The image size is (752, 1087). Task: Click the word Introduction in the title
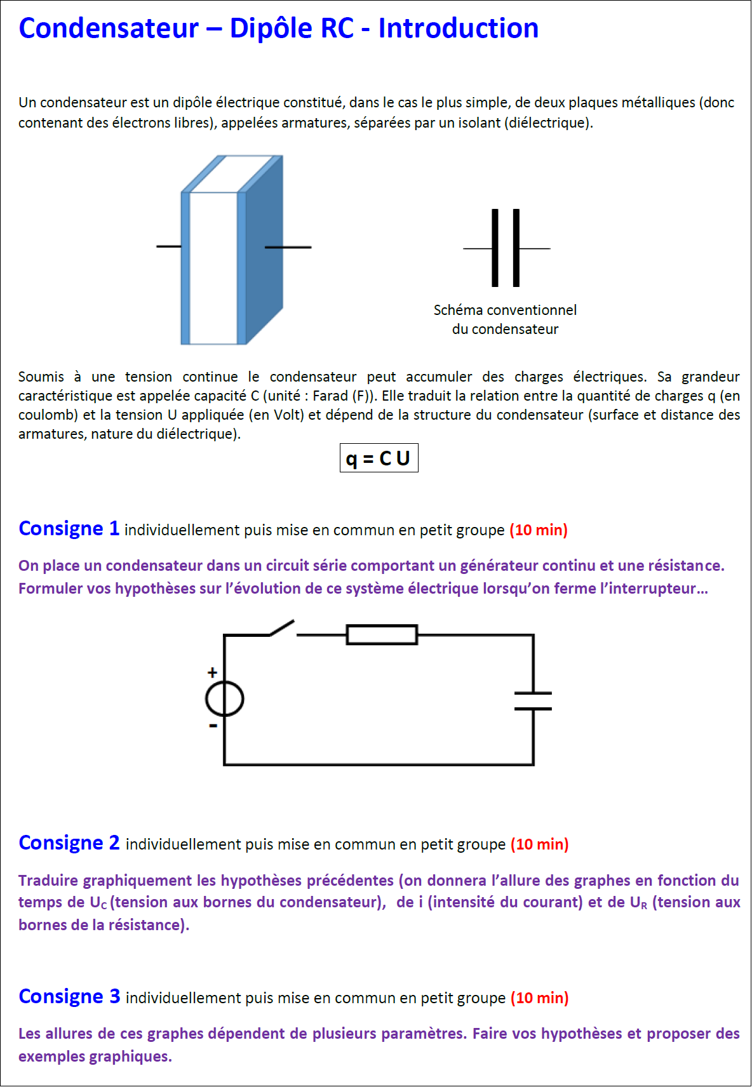pos(458,29)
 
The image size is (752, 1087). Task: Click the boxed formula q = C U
pos(379,458)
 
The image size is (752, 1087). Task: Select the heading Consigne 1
pos(69,528)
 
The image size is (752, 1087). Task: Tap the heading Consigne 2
pos(69,843)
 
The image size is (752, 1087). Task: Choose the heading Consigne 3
pos(69,996)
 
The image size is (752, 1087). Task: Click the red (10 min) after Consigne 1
pos(539,530)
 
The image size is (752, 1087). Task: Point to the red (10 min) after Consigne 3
pos(540,998)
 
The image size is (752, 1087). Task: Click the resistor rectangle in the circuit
pos(382,634)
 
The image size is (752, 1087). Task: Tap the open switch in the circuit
pos(283,628)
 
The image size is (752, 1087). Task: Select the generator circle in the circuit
pos(224,699)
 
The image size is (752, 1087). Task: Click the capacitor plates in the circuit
pos(533,701)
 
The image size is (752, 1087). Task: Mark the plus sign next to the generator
pos(213,672)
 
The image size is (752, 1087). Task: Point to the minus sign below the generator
pos(213,725)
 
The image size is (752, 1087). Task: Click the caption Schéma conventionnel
pos(505,310)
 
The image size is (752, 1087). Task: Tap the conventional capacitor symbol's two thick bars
pos(506,248)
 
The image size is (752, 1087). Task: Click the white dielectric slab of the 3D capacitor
pos(213,267)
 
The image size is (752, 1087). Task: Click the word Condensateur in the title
pos(109,29)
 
